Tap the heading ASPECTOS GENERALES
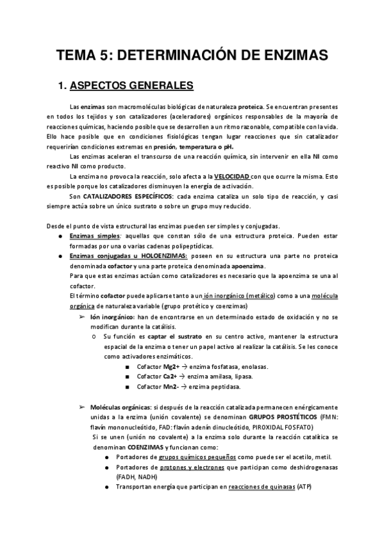point(129,85)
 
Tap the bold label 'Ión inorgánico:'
point(112,317)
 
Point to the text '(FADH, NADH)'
point(137,477)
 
